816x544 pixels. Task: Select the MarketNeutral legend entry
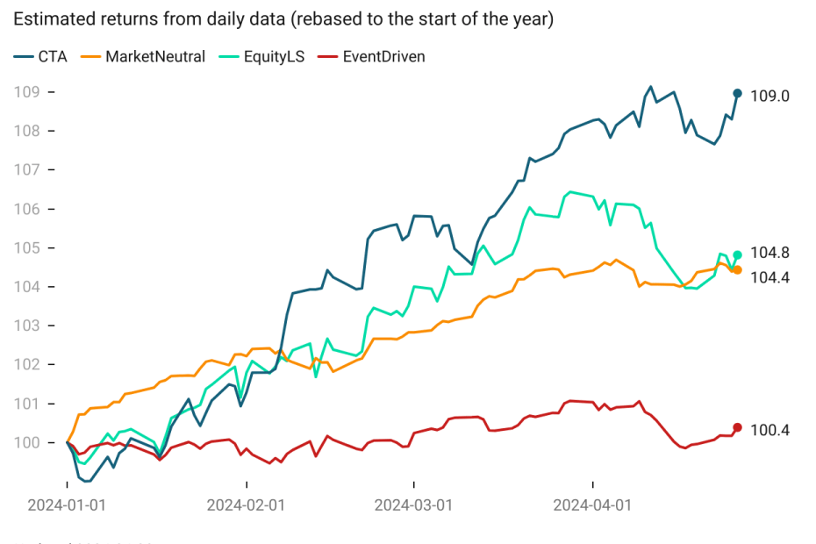point(145,57)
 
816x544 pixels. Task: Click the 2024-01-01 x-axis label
point(68,505)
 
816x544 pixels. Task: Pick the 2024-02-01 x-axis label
point(246,505)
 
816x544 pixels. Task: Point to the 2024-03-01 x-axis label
point(413,505)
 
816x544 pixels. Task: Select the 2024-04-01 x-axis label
point(593,505)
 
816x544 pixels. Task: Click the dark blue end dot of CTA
point(737,93)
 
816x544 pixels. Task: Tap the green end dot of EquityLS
point(737,255)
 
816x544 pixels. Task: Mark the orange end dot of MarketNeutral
point(737,270)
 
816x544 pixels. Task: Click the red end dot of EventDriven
point(737,427)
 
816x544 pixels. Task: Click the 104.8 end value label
point(769,254)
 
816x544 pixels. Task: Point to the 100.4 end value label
point(769,430)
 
